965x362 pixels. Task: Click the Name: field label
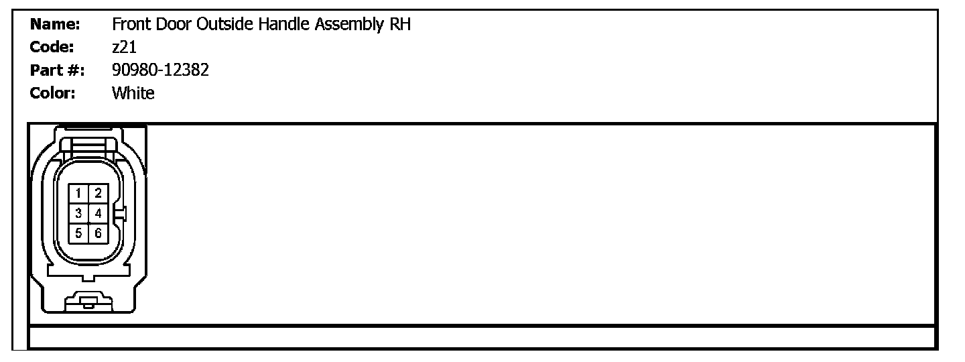[56, 25]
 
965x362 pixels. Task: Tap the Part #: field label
[57, 70]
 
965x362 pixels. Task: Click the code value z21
[125, 48]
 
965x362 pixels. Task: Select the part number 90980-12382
[161, 70]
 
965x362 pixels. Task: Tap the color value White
[133, 93]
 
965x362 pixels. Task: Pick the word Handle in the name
[281, 25]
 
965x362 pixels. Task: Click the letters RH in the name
[399, 25]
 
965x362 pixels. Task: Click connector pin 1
[79, 194]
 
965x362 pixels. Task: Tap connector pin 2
[98, 194]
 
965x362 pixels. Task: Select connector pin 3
[79, 213]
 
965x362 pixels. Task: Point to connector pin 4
[98, 213]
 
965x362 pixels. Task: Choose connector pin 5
[79, 233]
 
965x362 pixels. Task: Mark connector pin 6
[98, 233]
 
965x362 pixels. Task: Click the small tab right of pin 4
[121, 214]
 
